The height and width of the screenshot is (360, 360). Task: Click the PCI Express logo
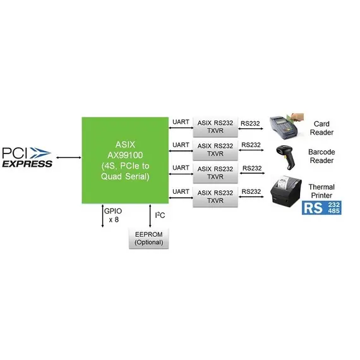pos(27,157)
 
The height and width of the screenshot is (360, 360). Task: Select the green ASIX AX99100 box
pos(125,160)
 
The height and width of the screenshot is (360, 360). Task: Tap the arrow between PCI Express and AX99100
pos(69,157)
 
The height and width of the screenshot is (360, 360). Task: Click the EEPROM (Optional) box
pos(149,238)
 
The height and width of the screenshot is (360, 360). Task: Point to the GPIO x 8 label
pos(113,215)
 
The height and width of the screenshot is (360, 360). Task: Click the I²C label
pos(160,215)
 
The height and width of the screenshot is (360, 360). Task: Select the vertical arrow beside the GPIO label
pos(102,216)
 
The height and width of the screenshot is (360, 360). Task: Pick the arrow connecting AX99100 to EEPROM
pos(150,216)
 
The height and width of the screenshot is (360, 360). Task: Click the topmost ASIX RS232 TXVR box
pos(215,127)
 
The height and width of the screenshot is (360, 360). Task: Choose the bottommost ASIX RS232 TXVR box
pos(215,197)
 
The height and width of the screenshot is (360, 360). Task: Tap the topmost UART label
pos(181,122)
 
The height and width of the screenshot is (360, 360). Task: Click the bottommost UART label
pos(181,191)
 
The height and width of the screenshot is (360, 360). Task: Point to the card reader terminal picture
pos(287,126)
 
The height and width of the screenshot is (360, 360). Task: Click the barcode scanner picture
pos(286,157)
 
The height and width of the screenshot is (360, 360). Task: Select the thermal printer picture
pos(286,191)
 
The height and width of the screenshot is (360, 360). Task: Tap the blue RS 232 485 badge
pos(321,208)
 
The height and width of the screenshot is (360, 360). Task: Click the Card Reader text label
pos(321,128)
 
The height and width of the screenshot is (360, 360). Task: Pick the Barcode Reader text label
pos(321,156)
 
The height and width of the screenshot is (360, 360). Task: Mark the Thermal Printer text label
pos(321,191)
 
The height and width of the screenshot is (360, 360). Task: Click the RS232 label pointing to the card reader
pos(250,124)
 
